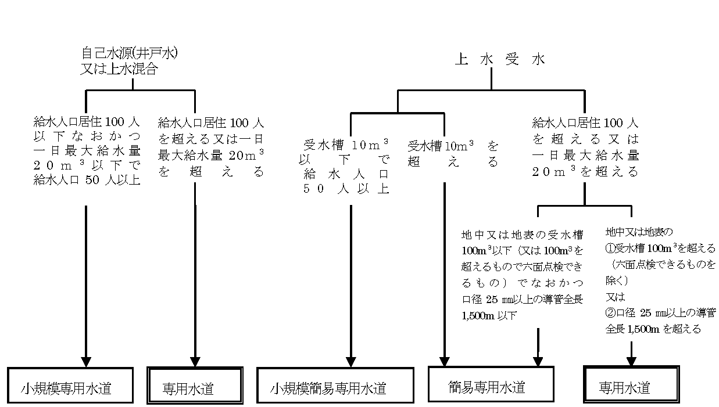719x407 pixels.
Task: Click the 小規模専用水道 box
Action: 70,387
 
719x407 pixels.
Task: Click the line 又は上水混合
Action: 119,69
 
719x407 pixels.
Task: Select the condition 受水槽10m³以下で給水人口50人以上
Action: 346,166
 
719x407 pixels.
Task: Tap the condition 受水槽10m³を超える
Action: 453,154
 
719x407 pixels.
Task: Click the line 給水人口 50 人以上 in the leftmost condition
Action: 86,179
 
